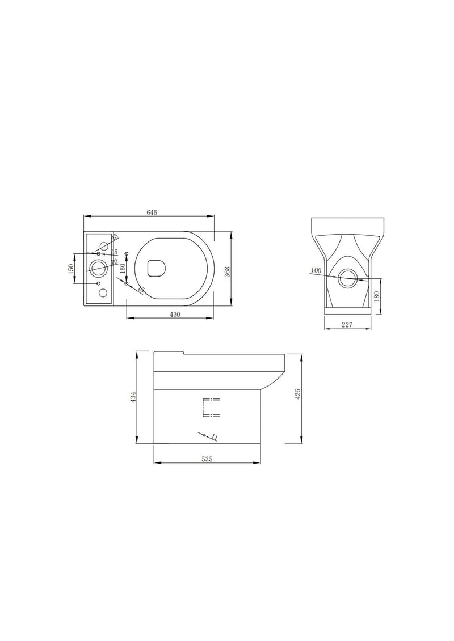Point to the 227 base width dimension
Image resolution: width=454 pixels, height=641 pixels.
click(x=347, y=324)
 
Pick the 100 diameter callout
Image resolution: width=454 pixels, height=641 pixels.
click(x=316, y=271)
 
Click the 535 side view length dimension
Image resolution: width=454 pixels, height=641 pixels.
click(x=207, y=459)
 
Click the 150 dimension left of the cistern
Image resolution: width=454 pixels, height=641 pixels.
click(x=72, y=268)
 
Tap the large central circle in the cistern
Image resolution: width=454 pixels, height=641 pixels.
click(x=98, y=268)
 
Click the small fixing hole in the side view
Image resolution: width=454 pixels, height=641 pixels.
click(x=204, y=435)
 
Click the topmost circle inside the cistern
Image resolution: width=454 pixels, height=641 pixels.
click(x=104, y=245)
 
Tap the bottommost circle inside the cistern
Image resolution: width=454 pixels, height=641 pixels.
click(x=103, y=293)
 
